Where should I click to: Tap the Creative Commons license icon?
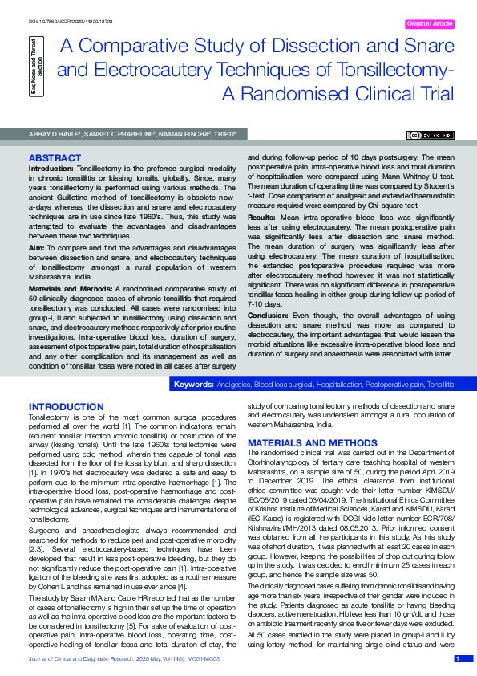point(433,136)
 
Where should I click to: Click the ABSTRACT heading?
point(54,157)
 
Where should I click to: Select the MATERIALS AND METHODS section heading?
point(307,443)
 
